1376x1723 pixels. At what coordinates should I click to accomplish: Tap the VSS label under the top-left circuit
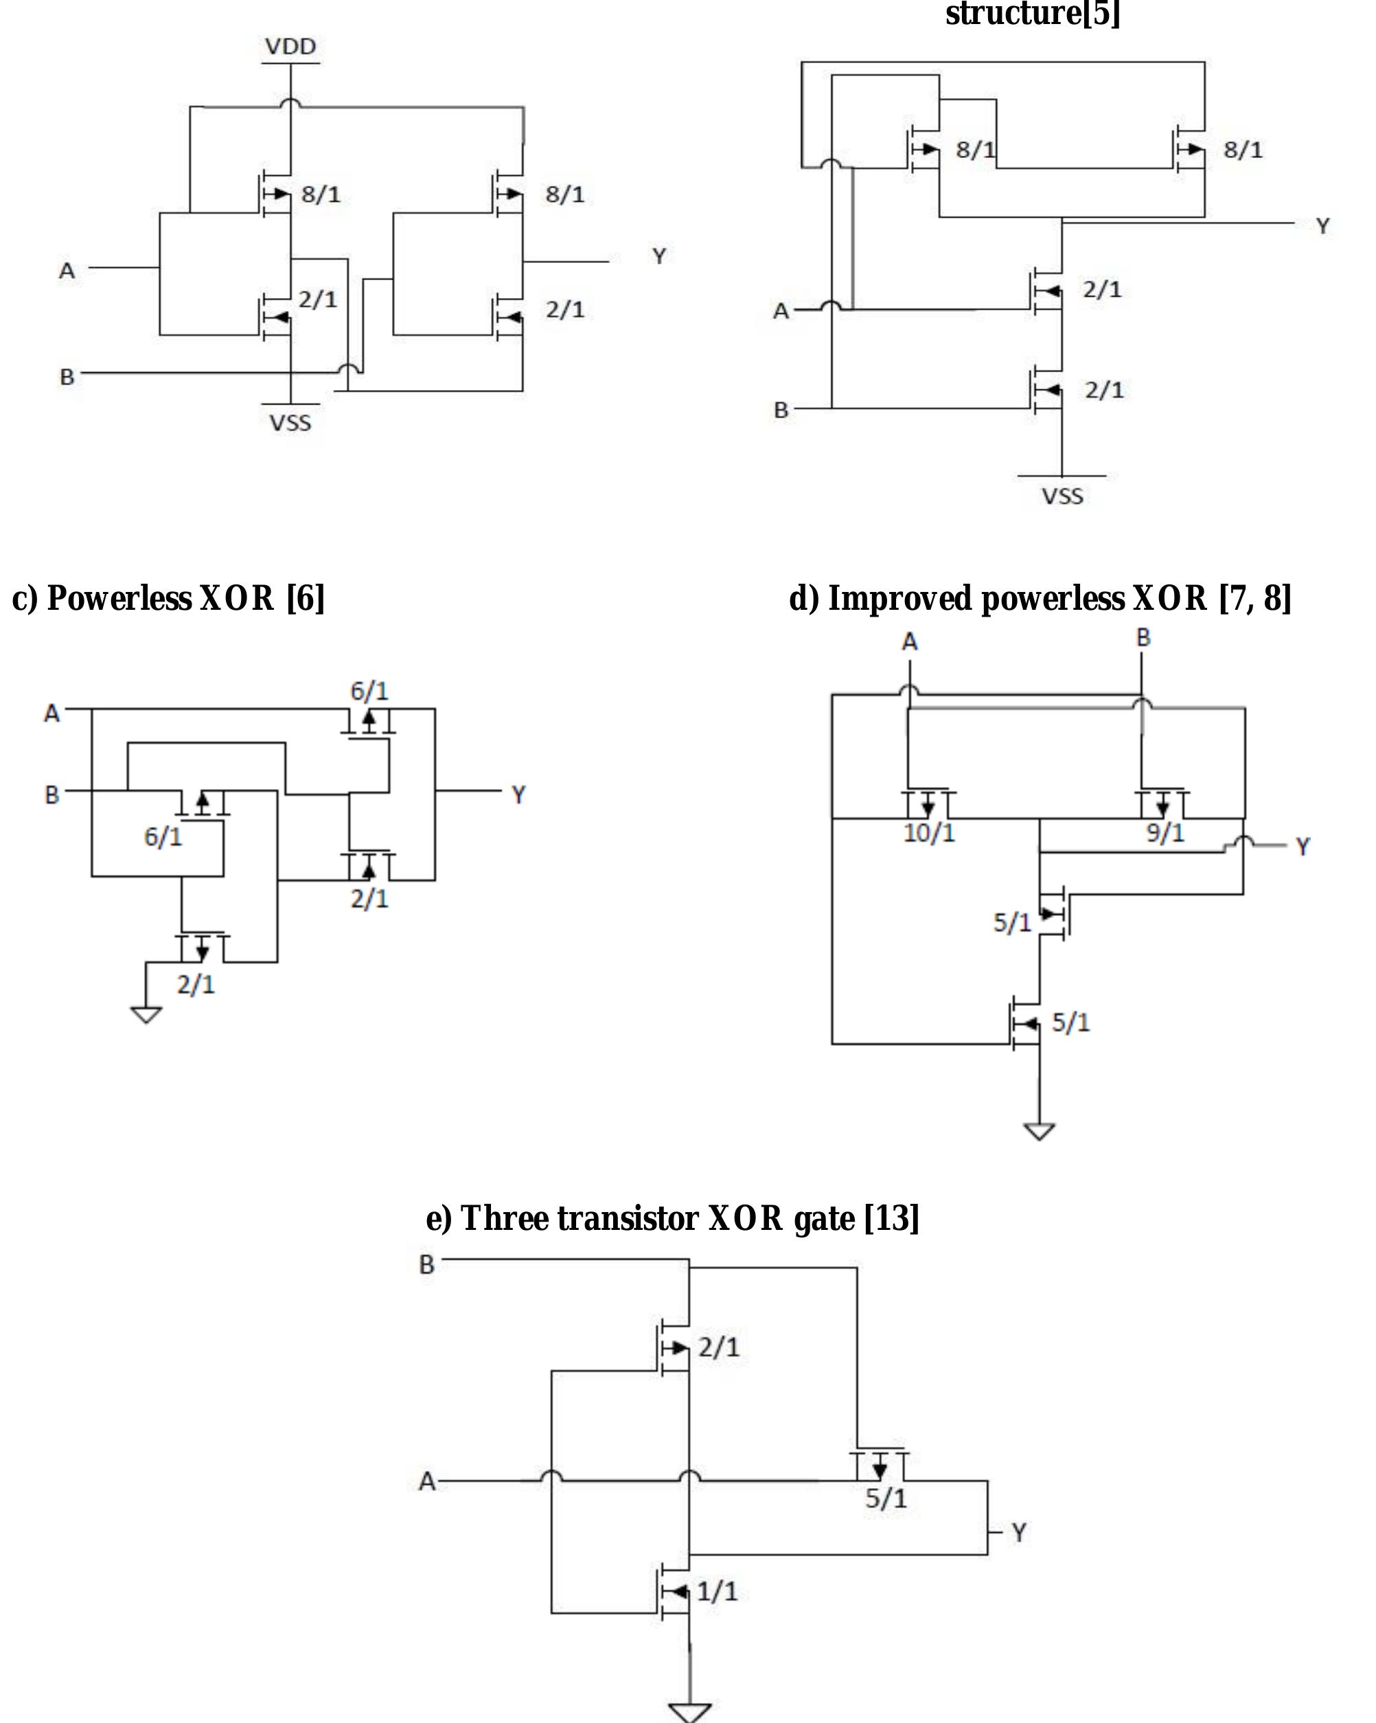click(x=290, y=423)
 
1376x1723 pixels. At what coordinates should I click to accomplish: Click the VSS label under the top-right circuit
click(x=1062, y=497)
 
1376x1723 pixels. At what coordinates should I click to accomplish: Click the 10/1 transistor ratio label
click(x=928, y=834)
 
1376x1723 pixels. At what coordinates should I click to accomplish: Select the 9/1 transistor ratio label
click(x=1165, y=834)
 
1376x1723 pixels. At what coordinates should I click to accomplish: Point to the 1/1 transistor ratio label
click(x=717, y=1591)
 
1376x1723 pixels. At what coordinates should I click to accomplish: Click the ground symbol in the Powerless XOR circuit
click(x=146, y=1015)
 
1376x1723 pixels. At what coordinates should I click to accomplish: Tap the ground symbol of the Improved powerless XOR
click(x=1039, y=1132)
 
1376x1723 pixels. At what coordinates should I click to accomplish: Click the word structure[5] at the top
click(x=1033, y=14)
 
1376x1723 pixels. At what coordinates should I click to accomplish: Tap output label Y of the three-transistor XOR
click(x=1019, y=1533)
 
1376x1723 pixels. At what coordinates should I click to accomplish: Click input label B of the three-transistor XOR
click(x=426, y=1264)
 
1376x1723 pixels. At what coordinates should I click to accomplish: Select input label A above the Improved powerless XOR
click(x=909, y=641)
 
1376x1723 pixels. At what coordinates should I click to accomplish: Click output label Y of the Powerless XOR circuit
click(x=518, y=795)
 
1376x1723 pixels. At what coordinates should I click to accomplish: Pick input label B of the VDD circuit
click(x=67, y=376)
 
